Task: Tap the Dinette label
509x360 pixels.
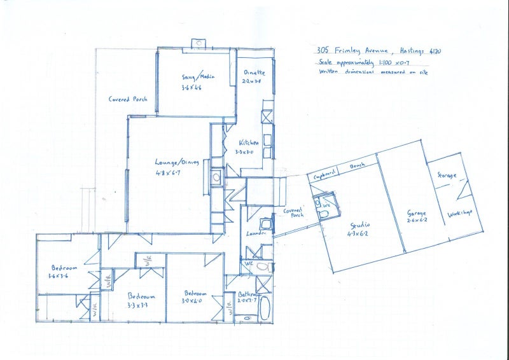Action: coord(254,73)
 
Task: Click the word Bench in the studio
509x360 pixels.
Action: coord(356,167)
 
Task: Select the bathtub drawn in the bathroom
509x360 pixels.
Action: coord(265,308)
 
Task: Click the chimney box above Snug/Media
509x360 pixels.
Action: coord(199,43)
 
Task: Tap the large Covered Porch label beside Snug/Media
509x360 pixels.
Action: coord(127,99)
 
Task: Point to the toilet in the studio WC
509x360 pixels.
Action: coord(324,215)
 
